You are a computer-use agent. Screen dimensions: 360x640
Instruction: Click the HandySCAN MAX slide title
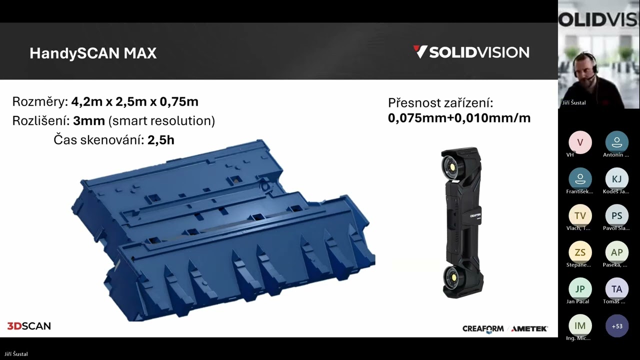coord(93,53)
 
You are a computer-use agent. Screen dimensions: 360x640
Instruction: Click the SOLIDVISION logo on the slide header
coord(471,52)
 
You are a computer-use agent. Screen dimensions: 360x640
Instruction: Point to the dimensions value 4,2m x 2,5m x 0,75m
coord(134,102)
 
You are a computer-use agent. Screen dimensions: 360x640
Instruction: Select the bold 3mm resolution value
coord(89,121)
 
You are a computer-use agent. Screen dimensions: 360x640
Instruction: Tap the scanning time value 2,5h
coord(160,140)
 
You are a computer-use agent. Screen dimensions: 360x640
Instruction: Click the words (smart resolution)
coord(161,121)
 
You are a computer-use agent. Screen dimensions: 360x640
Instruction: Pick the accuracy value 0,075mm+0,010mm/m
coord(459,118)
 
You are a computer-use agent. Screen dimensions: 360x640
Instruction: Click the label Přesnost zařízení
coord(440,103)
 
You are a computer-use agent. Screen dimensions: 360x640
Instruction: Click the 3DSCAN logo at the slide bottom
coord(29,326)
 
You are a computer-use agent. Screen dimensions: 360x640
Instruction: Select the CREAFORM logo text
coord(483,328)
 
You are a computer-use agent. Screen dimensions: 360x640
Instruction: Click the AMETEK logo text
coord(529,328)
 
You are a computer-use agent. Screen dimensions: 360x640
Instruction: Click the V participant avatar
coord(580,142)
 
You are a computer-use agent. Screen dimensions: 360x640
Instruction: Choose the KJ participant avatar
coord(616,179)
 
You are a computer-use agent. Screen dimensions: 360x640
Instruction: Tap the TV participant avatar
coord(580,215)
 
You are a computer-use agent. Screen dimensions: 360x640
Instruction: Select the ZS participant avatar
coord(580,252)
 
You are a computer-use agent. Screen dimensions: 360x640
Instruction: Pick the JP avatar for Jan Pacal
coord(580,289)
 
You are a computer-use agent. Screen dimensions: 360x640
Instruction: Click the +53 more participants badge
coord(616,326)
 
